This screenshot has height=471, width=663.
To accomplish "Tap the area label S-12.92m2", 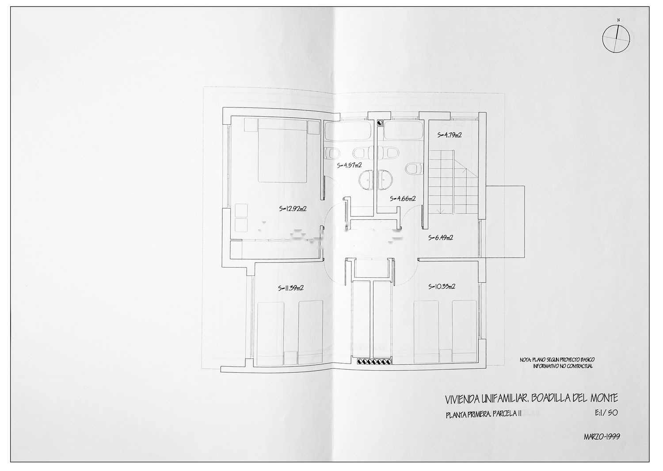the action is pyautogui.click(x=293, y=209).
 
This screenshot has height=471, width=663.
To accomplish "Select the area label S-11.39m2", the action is pyautogui.click(x=291, y=287).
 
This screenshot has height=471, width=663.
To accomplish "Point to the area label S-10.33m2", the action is pyautogui.click(x=442, y=287).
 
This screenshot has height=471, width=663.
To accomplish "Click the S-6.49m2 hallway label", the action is pyautogui.click(x=440, y=237).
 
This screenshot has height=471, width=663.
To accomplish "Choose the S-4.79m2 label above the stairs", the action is pyautogui.click(x=450, y=135).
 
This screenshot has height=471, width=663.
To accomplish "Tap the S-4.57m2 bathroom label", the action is pyautogui.click(x=349, y=165).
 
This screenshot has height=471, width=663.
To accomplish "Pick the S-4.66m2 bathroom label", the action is pyautogui.click(x=403, y=198).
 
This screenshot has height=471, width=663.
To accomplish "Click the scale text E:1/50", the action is pyautogui.click(x=606, y=413).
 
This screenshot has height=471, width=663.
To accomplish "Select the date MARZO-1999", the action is pyautogui.click(x=602, y=437).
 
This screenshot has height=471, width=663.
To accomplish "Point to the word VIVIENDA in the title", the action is pyautogui.click(x=463, y=399).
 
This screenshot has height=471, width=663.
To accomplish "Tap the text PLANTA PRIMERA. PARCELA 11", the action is pyautogui.click(x=484, y=414).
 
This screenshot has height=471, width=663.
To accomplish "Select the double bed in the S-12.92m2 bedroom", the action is pyautogui.click(x=282, y=150).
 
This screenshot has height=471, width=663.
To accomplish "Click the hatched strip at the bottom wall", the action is pyautogui.click(x=374, y=361).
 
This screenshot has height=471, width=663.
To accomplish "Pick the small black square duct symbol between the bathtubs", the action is pyautogui.click(x=380, y=122).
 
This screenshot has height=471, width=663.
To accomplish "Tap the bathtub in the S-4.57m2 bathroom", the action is pyautogui.click(x=348, y=130).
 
